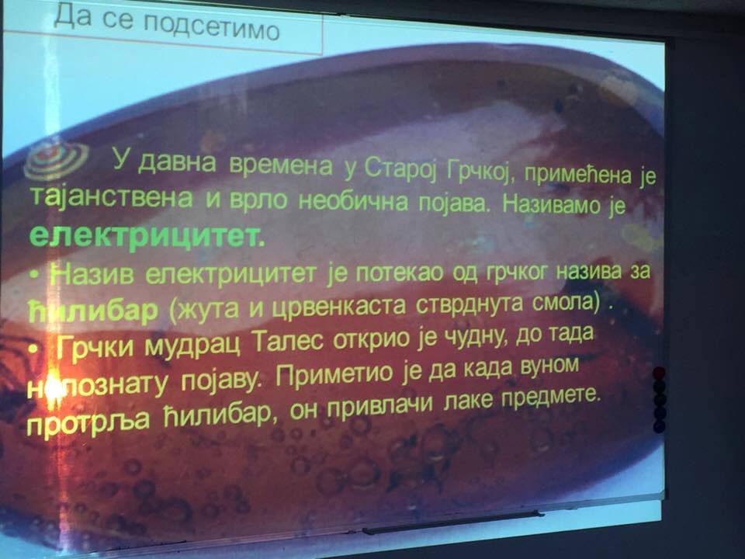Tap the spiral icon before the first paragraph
[x=56, y=159]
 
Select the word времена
[x=280, y=166]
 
